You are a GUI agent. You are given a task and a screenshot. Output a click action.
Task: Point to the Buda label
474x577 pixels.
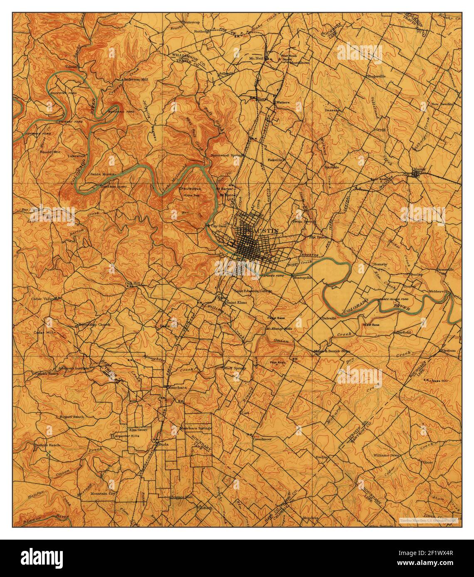(163, 444)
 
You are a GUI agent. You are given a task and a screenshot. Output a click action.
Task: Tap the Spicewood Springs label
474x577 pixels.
(227, 155)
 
